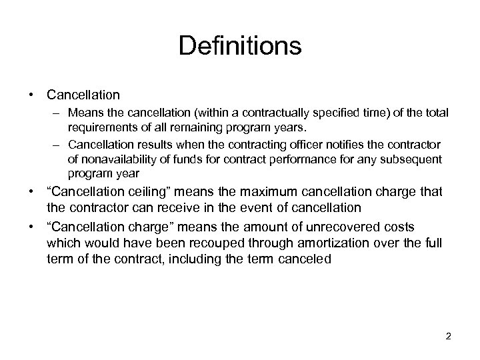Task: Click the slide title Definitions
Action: point(240,47)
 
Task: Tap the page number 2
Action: point(449,337)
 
